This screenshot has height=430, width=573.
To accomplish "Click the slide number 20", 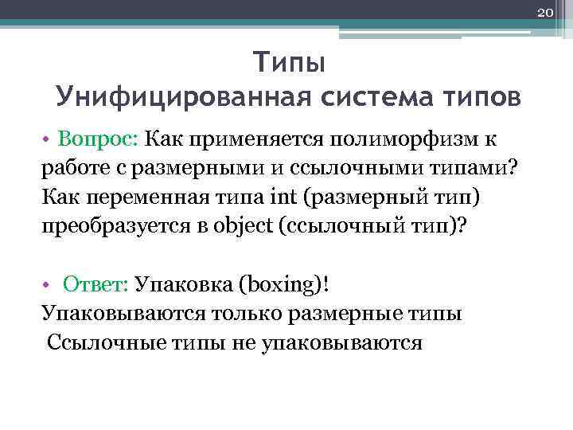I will click(545, 13).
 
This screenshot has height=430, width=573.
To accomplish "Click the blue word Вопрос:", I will click(98, 139).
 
